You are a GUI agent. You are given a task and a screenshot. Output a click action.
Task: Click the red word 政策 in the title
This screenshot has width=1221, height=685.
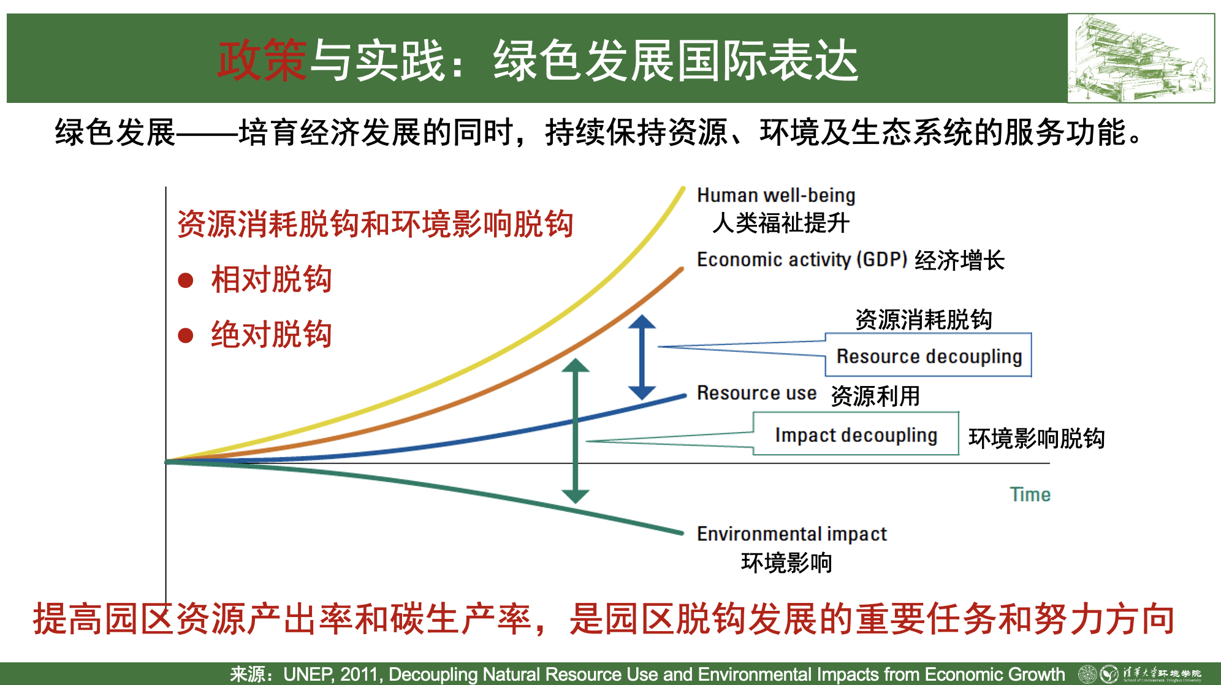point(262,60)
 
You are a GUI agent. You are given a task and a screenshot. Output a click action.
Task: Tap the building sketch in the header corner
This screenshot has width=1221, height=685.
point(1141,58)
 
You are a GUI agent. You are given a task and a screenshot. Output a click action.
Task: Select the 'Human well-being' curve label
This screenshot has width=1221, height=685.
point(776,195)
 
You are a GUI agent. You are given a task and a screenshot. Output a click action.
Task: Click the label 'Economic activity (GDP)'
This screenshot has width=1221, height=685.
point(802,259)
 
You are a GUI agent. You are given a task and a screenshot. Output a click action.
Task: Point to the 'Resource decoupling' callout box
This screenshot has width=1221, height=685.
point(928,355)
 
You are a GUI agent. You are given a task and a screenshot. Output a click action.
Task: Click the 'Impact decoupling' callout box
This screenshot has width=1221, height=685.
point(856,434)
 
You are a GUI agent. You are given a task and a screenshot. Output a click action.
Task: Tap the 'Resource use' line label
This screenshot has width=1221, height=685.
point(756,393)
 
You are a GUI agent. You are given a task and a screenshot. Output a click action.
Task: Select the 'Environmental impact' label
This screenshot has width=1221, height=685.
point(792,534)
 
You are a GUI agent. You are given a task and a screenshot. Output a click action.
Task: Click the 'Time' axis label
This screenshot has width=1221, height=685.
point(1030,494)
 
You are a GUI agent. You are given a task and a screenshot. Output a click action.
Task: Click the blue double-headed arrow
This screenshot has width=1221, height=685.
point(642,357)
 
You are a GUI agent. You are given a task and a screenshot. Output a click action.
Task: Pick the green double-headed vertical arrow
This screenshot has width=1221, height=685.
point(575,431)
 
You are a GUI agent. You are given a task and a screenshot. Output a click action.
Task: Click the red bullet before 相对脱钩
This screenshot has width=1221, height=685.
point(186,281)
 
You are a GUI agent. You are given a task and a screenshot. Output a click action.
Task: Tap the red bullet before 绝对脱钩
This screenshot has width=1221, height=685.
point(186,336)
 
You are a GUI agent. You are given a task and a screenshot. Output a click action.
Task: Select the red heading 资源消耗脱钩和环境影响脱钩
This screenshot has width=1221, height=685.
point(375,224)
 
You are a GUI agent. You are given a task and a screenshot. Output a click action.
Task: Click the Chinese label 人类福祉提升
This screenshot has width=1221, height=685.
point(781,222)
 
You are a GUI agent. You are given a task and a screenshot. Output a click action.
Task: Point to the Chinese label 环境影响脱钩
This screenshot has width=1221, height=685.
point(1037,438)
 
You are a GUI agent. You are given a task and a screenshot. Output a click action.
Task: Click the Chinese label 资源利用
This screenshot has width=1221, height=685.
point(875,396)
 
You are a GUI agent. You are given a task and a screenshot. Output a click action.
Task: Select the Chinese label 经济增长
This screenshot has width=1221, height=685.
point(960,260)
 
